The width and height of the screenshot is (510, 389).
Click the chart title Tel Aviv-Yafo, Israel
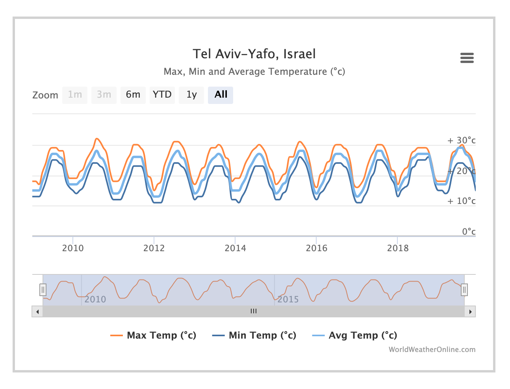click(254, 54)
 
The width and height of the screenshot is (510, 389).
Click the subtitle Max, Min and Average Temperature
click(254, 72)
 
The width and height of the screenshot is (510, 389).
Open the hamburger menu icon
click(467, 58)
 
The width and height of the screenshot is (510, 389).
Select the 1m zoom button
click(75, 95)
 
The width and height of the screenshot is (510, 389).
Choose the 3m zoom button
click(104, 95)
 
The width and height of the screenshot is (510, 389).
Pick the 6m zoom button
click(133, 95)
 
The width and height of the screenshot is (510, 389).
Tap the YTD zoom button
click(162, 95)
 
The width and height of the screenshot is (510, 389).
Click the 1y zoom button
click(191, 95)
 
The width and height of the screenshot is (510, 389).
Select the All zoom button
click(221, 95)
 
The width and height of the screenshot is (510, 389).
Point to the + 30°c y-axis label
click(462, 141)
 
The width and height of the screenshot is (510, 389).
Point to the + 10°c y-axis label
click(462, 201)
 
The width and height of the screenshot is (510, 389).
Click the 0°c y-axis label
click(469, 232)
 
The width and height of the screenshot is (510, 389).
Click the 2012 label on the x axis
click(154, 248)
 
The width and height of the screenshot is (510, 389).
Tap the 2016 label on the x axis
click(317, 248)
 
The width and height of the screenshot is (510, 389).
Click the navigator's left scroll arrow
click(37, 311)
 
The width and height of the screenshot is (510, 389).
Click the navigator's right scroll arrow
click(470, 311)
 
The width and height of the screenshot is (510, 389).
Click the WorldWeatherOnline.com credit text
click(432, 350)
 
